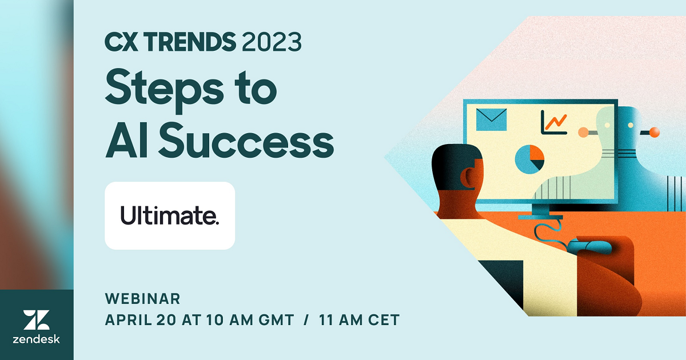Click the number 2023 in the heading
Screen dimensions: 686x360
[x=272, y=42]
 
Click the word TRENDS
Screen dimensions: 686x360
[x=190, y=42]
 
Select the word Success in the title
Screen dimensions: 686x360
[x=246, y=141]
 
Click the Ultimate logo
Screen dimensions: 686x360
[x=170, y=215]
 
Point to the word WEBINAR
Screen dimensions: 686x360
[x=143, y=299]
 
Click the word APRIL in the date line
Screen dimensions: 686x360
[x=128, y=320]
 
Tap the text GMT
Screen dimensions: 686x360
[x=276, y=320]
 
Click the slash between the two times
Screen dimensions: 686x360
[x=306, y=320]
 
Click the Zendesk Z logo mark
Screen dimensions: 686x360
[x=36, y=320]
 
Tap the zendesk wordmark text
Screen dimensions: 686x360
[x=36, y=339]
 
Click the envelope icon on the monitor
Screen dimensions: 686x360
[x=491, y=119]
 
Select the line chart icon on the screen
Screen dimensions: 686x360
[x=554, y=122]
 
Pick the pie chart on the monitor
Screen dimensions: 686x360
[x=529, y=159]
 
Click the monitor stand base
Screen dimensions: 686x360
[x=541, y=217]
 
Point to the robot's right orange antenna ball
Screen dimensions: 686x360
[x=655, y=132]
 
